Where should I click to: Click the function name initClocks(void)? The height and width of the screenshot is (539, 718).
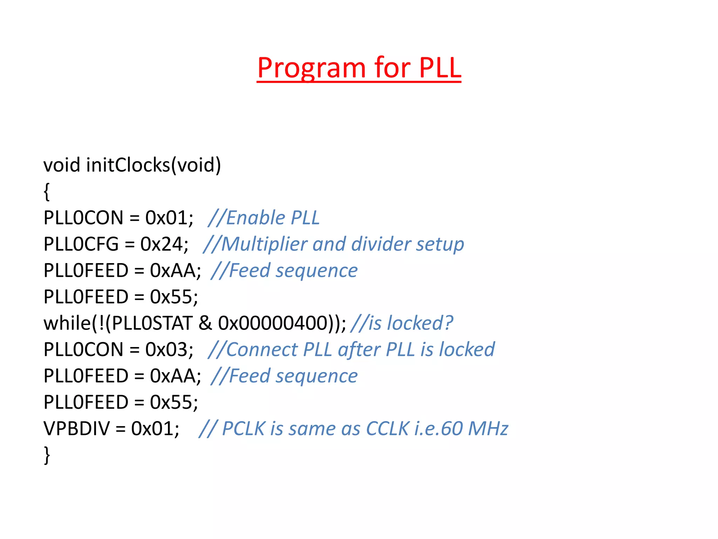[x=154, y=165]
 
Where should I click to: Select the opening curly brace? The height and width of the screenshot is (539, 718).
[x=47, y=192]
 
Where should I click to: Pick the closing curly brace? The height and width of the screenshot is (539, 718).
[x=47, y=455]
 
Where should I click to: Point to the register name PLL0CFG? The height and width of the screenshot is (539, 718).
[x=81, y=244]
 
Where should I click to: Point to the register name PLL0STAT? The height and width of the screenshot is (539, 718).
[x=152, y=323]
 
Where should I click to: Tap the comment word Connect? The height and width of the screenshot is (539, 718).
[x=262, y=350]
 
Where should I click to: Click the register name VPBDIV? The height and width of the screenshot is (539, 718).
[x=76, y=429]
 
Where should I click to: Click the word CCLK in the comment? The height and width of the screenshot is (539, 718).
[x=387, y=429]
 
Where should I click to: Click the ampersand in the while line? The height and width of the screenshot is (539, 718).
[x=205, y=323]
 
